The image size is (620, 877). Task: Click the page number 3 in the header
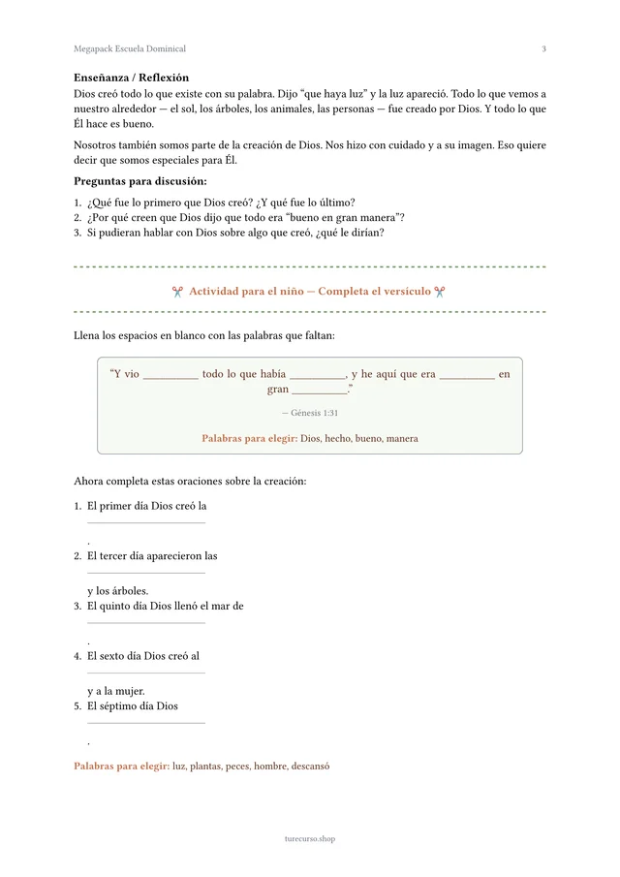point(543,48)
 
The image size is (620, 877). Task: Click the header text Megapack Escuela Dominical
point(130,48)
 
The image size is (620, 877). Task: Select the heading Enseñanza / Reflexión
point(131,78)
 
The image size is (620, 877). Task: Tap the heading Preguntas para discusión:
point(139,181)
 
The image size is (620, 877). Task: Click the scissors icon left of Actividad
point(177,292)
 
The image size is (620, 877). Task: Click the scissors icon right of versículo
point(440,292)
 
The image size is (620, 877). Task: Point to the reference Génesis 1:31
point(310,413)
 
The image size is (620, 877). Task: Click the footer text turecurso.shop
point(310,839)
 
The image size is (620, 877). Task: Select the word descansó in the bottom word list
point(310,767)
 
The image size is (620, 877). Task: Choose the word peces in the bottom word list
point(237,767)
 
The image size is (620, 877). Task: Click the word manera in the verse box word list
point(402,439)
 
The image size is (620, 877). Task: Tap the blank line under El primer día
point(146,522)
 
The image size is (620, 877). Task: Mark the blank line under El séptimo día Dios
point(146,723)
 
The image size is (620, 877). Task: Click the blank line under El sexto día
point(146,673)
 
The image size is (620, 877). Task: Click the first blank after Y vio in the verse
point(170,377)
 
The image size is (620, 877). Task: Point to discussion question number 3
point(235,233)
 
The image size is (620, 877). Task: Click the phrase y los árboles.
point(117,591)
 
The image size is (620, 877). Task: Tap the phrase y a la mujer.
point(115,692)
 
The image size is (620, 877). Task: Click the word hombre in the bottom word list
point(270,767)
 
